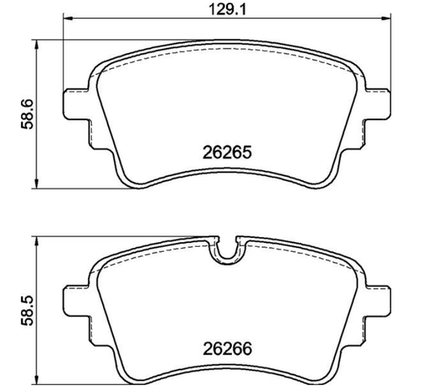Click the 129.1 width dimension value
[227, 10]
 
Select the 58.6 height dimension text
[27, 114]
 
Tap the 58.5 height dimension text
[27, 310]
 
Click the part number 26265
[227, 152]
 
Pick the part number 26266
[227, 349]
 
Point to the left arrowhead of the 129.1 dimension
[68, 19]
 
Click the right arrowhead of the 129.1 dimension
[387, 19]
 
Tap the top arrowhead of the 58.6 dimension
[37, 45]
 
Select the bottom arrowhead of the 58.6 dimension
[37, 184]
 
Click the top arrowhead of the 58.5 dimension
[37, 241]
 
